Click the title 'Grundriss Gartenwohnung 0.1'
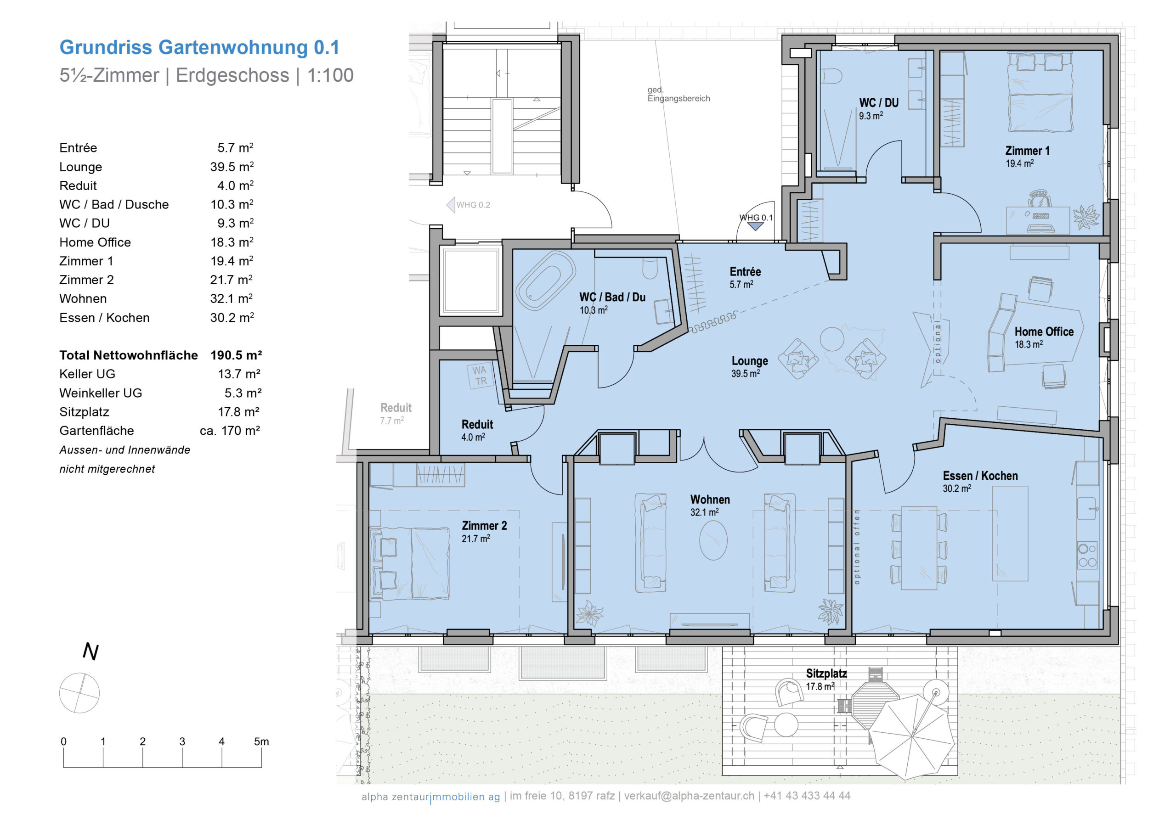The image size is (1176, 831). [200, 47]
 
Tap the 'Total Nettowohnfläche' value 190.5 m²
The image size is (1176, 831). [236, 355]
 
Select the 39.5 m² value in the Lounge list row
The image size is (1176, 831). [232, 167]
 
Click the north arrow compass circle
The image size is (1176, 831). [79, 693]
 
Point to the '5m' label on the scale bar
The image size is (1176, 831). [261, 741]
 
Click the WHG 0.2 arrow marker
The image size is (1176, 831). [451, 205]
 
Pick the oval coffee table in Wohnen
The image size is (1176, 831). [713, 540]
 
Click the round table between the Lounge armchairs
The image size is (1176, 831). [832, 338]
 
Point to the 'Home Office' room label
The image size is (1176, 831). [1044, 332]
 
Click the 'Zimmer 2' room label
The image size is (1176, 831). [484, 526]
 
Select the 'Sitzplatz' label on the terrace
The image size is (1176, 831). [826, 674]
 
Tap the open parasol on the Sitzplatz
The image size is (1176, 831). [912, 736]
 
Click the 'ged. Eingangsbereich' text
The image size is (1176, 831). [678, 94]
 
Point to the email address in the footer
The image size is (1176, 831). [689, 796]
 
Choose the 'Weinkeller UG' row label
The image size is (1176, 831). [101, 393]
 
